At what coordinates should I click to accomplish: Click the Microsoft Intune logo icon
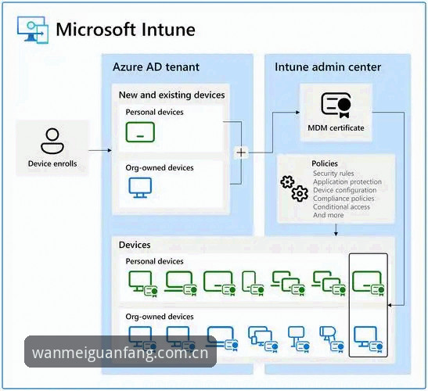point(33,30)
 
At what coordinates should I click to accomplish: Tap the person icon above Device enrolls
point(52,141)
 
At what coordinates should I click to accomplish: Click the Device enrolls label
point(52,163)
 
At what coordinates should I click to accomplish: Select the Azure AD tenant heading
point(156,67)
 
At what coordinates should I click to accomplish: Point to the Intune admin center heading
point(328,67)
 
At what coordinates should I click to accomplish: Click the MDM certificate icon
point(336,106)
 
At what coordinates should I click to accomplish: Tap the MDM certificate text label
point(336,128)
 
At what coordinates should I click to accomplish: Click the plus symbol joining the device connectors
point(241,152)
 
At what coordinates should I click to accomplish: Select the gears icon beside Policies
point(294,188)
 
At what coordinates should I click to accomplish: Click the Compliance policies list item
point(343,199)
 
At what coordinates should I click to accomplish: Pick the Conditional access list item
point(341,206)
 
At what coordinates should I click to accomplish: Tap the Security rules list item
point(333,174)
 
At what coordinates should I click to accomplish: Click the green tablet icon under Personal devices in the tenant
point(140,132)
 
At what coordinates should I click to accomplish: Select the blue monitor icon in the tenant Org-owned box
point(140,188)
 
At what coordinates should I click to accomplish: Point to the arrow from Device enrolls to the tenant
point(100,150)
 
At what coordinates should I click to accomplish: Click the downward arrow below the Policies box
point(336,230)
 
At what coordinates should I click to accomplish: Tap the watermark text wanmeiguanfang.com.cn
point(120,353)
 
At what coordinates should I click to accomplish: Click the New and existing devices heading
point(171,95)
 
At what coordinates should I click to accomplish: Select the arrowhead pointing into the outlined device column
point(390,305)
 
